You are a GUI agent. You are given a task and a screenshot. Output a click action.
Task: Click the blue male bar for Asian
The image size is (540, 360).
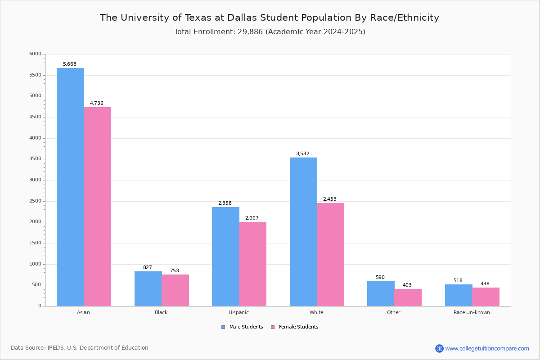point(70,187)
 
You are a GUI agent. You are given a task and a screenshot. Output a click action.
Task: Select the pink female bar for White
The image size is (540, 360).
point(330,254)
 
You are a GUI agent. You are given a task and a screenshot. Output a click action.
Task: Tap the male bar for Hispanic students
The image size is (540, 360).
point(225,256)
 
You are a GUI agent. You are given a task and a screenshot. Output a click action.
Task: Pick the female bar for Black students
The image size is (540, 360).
point(175,290)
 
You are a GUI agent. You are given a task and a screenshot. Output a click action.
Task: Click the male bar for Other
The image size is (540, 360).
point(381,293)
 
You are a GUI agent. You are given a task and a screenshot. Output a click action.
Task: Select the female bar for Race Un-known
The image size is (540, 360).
point(486,297)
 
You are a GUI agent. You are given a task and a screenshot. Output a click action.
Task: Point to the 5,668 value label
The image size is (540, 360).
point(70,64)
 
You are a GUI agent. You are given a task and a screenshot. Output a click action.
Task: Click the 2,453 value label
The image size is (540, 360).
point(329,199)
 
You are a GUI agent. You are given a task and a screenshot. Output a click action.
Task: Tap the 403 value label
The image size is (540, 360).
point(407,285)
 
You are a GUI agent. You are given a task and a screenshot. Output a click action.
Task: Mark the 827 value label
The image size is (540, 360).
point(148,268)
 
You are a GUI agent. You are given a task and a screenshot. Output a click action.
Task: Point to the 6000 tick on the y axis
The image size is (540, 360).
point(36,54)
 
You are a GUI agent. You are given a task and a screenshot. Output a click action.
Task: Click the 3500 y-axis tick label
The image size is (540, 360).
point(36,159)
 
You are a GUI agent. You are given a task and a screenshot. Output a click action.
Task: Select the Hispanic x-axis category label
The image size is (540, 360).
point(238,312)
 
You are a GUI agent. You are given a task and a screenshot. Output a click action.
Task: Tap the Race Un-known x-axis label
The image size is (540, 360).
point(472,312)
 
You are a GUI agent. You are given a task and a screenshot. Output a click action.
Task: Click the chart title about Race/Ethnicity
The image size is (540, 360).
point(270,18)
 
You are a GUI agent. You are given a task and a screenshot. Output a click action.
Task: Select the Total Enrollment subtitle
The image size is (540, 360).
point(270,32)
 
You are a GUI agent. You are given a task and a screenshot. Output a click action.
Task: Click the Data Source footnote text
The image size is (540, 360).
point(80,348)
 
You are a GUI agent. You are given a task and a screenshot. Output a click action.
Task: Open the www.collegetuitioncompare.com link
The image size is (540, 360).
point(487,348)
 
